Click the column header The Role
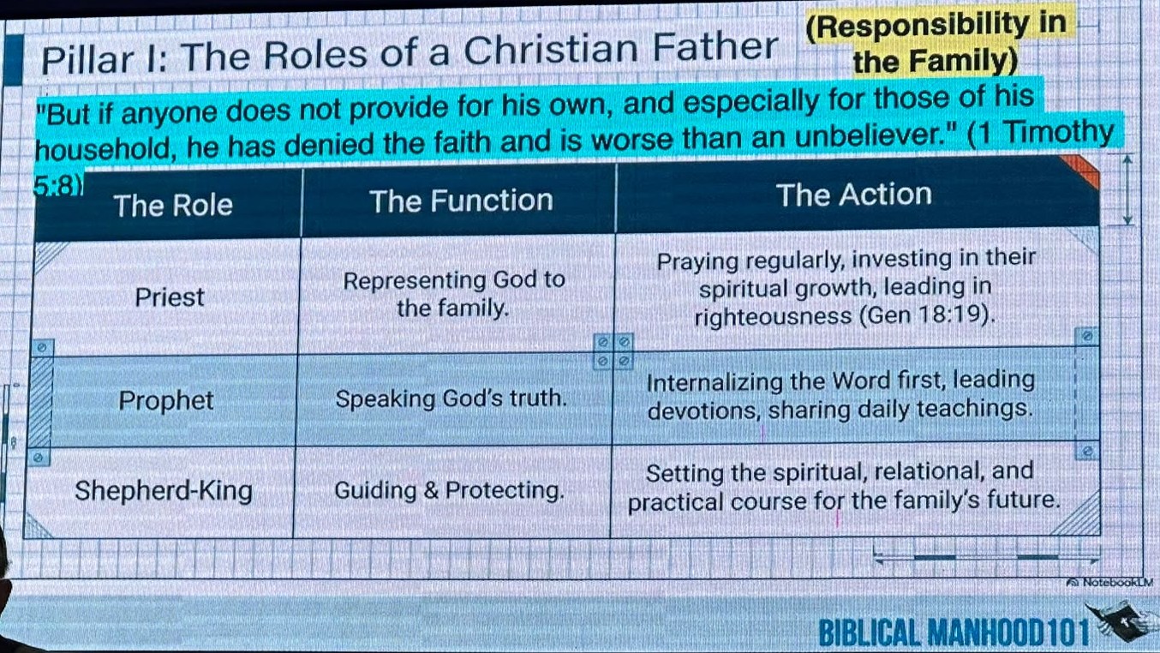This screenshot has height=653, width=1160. pyautogui.click(x=173, y=205)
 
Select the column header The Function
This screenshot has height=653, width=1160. pyautogui.click(x=461, y=201)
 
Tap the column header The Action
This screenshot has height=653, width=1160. pyautogui.click(x=854, y=195)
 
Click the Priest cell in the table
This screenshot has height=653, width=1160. pyautogui.click(x=170, y=297)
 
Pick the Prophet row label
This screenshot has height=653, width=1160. pyautogui.click(x=165, y=400)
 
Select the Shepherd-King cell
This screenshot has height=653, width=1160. pyautogui.click(x=164, y=490)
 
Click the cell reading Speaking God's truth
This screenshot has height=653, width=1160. pyautogui.click(x=451, y=398)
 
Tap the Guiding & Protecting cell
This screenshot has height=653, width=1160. pyautogui.click(x=449, y=490)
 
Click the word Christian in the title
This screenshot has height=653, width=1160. pyautogui.click(x=551, y=51)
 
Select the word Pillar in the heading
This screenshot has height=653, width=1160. pyautogui.click(x=87, y=59)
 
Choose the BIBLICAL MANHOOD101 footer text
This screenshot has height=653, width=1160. pyautogui.click(x=954, y=632)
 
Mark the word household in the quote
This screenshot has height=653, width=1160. pyautogui.click(x=103, y=148)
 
